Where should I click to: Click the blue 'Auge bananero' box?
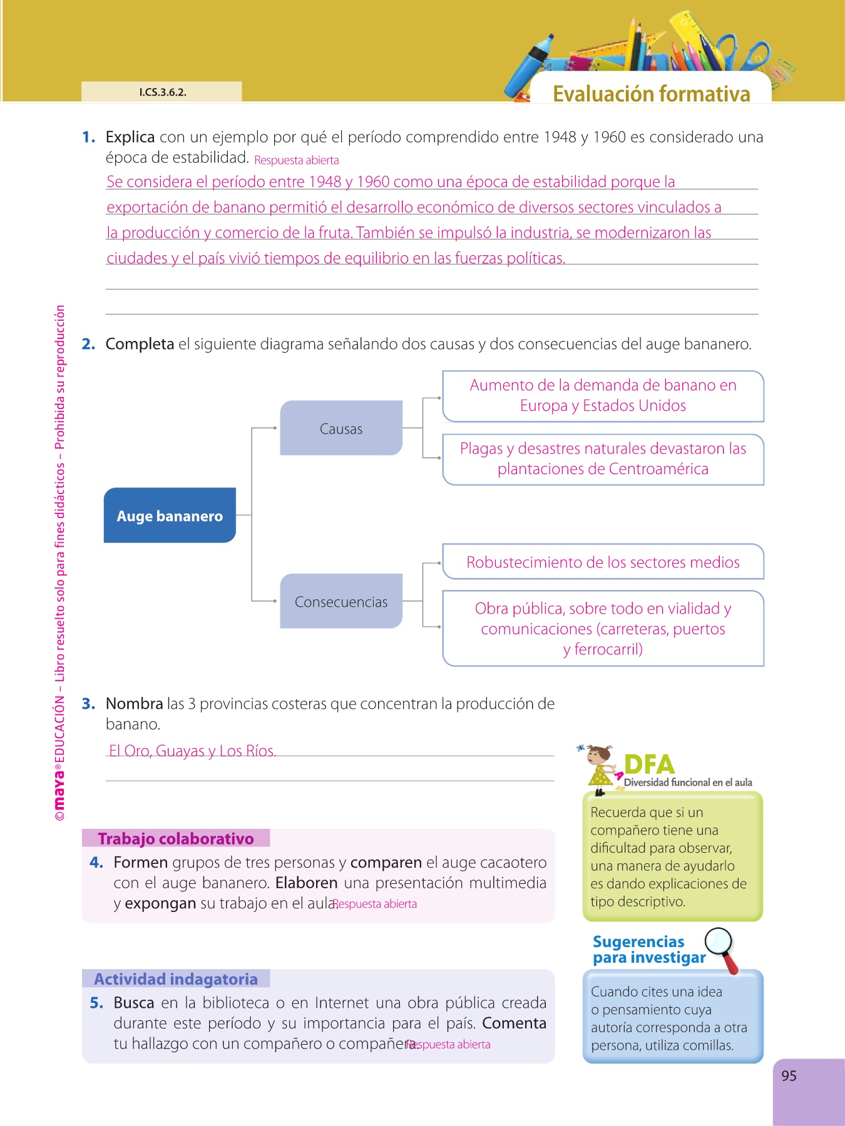pos(170,515)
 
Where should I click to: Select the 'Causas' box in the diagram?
pos(341,428)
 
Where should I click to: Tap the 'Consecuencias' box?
pos(341,601)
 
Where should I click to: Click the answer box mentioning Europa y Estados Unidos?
pos(603,396)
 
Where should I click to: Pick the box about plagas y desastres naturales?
pos(603,459)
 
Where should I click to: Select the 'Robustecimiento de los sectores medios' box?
pos(603,562)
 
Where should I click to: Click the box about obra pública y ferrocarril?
pos(603,628)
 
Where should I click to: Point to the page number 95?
pos(789,1076)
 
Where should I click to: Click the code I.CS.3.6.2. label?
pos(162,92)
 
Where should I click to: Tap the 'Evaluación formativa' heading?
pos(651,94)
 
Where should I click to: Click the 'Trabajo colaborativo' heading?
pos(176,838)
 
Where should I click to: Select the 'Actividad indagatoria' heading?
pos(176,979)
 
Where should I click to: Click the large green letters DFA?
pos(649,764)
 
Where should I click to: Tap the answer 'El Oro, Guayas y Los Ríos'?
pos(192,751)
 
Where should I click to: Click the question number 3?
pos(88,704)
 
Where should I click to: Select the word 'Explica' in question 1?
pos(130,137)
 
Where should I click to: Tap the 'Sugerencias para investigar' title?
pos(645,950)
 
